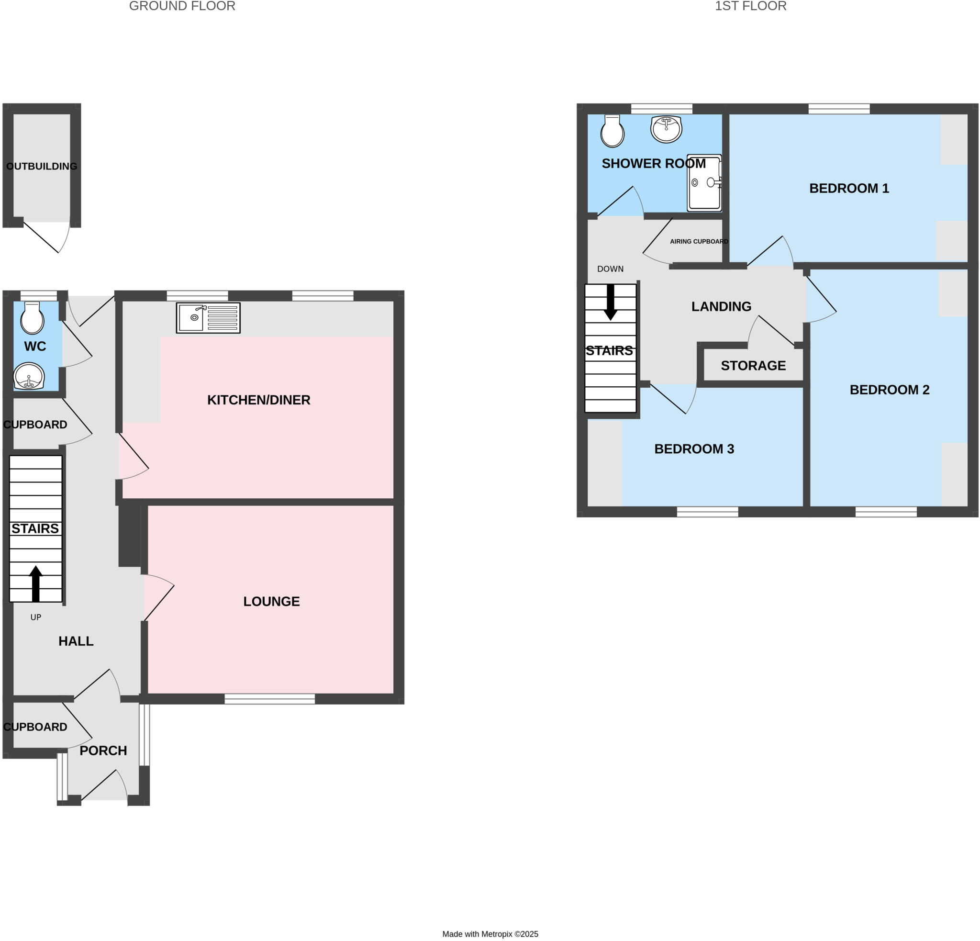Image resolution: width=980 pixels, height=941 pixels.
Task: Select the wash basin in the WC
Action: (29, 376)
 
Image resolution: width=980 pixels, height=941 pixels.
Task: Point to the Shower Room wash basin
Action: (666, 129)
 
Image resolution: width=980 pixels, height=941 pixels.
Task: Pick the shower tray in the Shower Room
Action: (704, 183)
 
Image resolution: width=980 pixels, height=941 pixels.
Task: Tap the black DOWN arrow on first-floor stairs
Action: (611, 302)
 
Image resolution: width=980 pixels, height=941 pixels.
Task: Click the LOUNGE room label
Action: (271, 602)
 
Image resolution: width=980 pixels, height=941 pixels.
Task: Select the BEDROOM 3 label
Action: (694, 449)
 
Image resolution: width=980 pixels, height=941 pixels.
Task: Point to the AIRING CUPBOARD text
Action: (699, 242)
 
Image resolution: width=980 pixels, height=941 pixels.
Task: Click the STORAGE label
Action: (753, 366)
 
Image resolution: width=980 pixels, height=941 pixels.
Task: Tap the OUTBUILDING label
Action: (42, 167)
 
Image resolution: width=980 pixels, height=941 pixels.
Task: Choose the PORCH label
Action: (103, 751)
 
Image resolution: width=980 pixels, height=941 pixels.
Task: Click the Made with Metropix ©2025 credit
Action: (490, 934)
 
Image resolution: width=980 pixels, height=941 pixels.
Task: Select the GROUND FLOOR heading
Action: (182, 6)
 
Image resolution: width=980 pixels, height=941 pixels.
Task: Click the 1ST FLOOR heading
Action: (750, 6)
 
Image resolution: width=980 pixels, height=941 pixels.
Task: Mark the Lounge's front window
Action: (269, 699)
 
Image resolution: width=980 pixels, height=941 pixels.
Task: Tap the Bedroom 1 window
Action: (839, 109)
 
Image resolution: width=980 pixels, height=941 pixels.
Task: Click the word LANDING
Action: (721, 306)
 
